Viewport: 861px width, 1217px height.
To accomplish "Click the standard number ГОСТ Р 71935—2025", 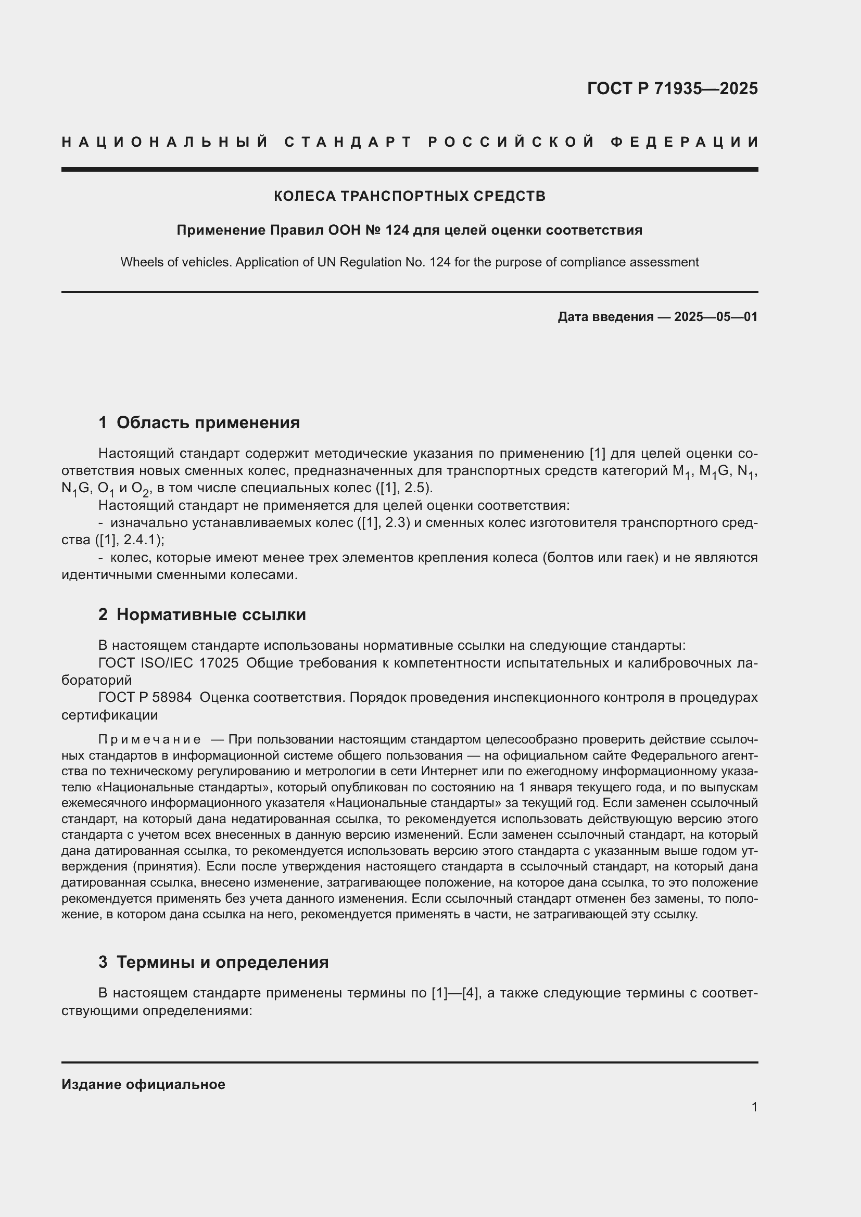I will [x=672, y=88].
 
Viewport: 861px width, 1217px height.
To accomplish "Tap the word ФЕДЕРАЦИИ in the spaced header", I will [x=684, y=142].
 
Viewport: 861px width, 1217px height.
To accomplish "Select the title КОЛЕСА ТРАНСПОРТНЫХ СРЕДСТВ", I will [x=409, y=196].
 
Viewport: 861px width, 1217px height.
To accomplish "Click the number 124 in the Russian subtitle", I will [x=397, y=230].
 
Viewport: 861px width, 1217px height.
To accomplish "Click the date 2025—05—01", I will [x=716, y=317].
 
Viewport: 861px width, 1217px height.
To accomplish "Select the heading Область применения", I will [x=208, y=422].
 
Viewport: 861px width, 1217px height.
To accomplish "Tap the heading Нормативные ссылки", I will [x=211, y=614].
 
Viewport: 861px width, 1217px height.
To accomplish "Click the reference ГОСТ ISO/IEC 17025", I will [x=168, y=662].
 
